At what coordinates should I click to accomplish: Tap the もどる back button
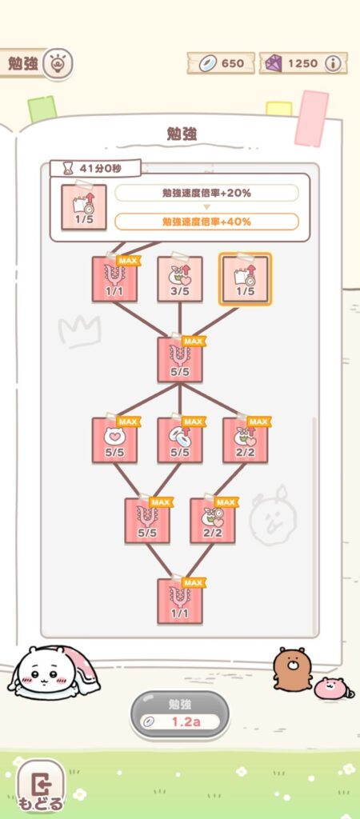coord(41,787)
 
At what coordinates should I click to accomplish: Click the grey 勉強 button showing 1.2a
coord(180,714)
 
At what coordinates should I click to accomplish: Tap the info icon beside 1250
coord(332,63)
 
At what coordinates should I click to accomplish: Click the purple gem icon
coord(274,63)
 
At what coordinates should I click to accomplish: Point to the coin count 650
coord(233,63)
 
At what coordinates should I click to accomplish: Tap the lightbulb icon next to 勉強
coord(57,64)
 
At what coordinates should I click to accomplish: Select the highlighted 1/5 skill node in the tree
coord(245,279)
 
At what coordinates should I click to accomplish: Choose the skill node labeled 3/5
coord(180,279)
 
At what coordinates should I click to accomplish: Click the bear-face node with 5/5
coord(114,440)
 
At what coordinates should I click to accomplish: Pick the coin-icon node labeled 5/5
coord(180,440)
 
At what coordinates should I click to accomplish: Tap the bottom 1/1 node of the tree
coord(180,601)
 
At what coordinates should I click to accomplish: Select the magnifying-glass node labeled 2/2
coord(212,520)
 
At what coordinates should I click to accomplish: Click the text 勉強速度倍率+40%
coord(206,222)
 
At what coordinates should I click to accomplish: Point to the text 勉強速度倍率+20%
coord(206,194)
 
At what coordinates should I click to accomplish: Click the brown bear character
coord(291,669)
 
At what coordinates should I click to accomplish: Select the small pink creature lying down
coord(332,688)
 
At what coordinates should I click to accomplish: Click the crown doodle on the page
coord(78,331)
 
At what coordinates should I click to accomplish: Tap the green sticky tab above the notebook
coord(42,109)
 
